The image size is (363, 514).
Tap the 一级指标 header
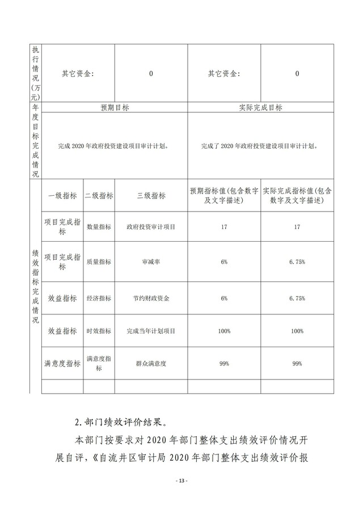pyautogui.click(x=62, y=196)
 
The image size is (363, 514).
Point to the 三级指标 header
pyautogui.click(x=151, y=196)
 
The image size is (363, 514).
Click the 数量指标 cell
pyautogui.click(x=98, y=227)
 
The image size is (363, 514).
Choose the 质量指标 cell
pyautogui.click(x=98, y=262)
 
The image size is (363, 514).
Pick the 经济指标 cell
pyautogui.click(x=98, y=298)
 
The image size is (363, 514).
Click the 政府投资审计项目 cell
pyautogui.click(x=151, y=227)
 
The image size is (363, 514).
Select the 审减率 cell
pyautogui.click(x=151, y=262)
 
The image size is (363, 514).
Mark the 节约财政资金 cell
pyautogui.click(x=151, y=298)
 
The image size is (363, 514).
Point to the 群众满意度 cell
pyautogui.click(x=151, y=363)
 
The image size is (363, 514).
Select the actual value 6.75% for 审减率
pyautogui.click(x=297, y=262)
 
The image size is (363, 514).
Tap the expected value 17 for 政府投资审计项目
pyautogui.click(x=224, y=227)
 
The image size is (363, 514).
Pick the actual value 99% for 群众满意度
pyautogui.click(x=297, y=363)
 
